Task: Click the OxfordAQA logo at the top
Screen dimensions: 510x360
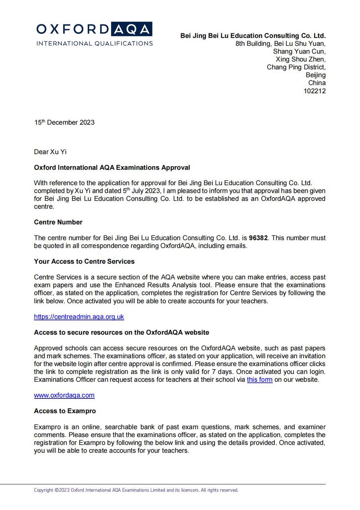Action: point(94,29)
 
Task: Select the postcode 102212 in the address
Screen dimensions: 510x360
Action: point(315,91)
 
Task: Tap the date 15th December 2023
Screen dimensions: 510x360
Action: point(64,122)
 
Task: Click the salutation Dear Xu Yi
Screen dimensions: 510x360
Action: point(50,152)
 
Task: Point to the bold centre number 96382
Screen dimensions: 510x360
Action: point(258,238)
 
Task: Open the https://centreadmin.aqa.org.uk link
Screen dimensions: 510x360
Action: point(79,317)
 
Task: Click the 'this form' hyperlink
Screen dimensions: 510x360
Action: point(260,380)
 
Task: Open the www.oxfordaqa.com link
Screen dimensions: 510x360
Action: point(64,395)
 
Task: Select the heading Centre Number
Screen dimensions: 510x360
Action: point(58,222)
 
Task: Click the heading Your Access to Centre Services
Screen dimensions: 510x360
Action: point(84,261)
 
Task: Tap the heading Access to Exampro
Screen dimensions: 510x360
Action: point(65,411)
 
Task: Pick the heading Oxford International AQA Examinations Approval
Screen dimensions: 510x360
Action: point(112,167)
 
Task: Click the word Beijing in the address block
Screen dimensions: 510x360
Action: point(315,75)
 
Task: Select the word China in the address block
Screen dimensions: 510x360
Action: point(317,83)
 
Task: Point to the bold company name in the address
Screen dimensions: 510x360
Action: point(253,35)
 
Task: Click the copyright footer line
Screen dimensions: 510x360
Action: point(136,490)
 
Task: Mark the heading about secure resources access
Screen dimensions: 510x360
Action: point(121,332)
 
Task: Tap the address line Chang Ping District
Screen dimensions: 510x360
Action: point(296,67)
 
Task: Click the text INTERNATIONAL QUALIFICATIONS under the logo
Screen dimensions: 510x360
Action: point(94,43)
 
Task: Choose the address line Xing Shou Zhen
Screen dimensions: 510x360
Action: point(301,59)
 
